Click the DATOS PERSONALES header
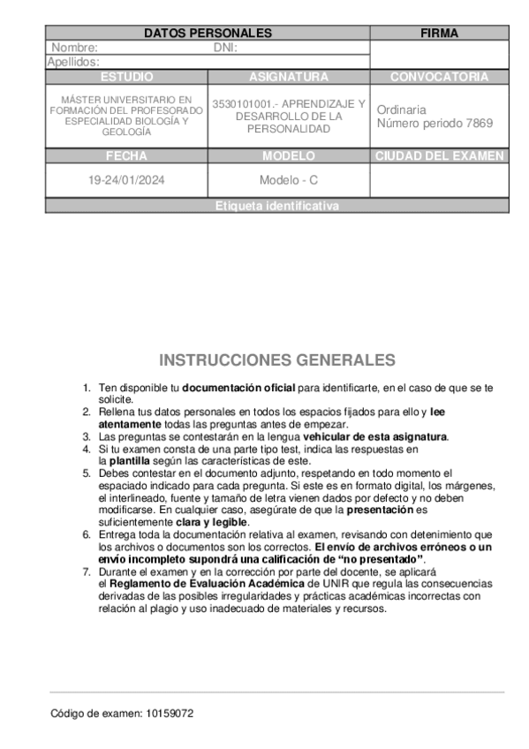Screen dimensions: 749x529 coord(208,33)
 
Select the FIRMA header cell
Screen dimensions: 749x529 coord(439,33)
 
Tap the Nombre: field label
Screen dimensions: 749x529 coord(75,48)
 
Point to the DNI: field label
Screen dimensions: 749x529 coord(226,48)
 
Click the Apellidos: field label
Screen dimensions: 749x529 coord(73,62)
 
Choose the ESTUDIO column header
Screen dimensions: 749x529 coord(126,77)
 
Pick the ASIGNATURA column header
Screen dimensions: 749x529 coord(289,77)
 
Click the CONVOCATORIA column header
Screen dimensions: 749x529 coord(439,77)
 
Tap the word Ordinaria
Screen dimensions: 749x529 coord(401,110)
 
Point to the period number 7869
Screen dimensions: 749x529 coord(478,123)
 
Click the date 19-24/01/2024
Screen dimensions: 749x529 coord(126,180)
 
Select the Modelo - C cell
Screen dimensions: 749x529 coord(289,180)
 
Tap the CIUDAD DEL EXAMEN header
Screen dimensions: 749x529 coord(439,156)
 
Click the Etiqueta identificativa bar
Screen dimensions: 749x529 coord(277,206)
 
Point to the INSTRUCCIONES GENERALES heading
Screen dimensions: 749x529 coord(277,360)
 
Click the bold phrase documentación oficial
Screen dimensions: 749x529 coord(238,388)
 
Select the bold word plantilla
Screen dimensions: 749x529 coord(129,460)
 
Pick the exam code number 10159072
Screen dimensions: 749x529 coord(170,713)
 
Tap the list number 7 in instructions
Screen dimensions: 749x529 coord(87,572)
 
